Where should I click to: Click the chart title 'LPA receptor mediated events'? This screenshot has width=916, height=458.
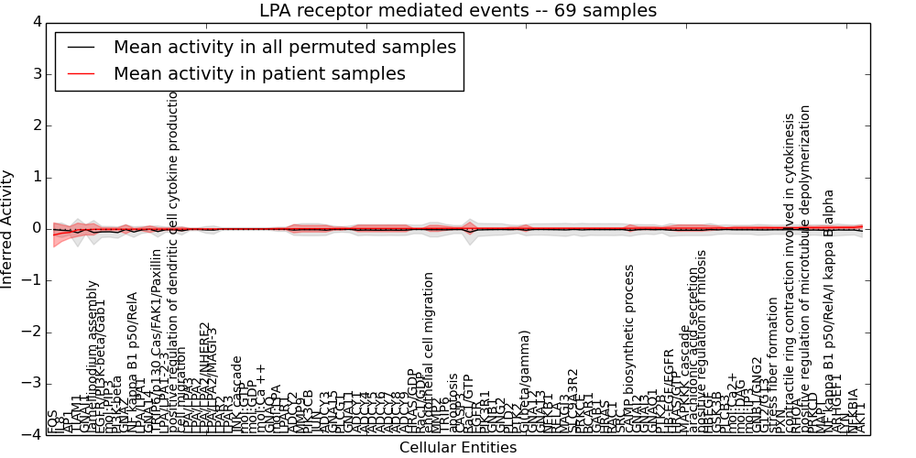(458, 11)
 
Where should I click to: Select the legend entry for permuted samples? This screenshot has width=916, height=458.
(284, 48)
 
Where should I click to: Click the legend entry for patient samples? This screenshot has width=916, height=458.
(259, 73)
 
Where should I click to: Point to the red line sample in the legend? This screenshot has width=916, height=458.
(80, 73)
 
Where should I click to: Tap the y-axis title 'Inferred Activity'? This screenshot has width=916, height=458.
(8, 229)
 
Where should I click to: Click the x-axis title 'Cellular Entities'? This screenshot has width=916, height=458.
(458, 448)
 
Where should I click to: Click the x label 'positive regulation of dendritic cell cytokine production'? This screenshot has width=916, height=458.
(173, 261)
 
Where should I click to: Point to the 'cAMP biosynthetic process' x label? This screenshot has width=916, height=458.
(630, 349)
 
